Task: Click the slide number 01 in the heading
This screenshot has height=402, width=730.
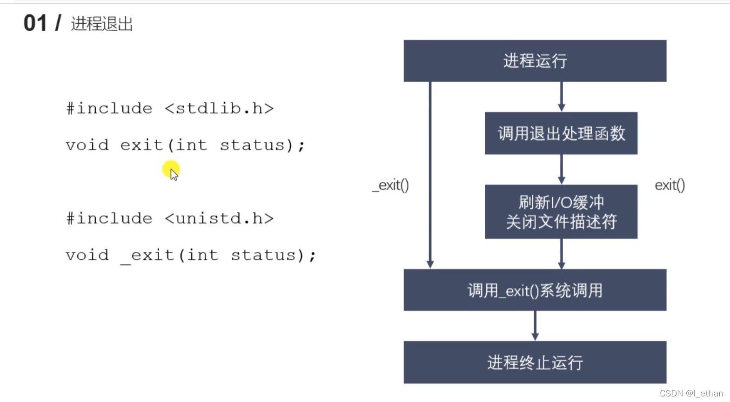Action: click(35, 23)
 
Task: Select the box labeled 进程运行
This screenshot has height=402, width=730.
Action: click(535, 61)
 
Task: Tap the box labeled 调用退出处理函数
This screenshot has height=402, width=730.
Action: click(561, 133)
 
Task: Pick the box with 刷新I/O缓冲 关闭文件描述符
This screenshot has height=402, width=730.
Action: click(561, 212)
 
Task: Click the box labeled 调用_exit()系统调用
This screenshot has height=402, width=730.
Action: click(535, 290)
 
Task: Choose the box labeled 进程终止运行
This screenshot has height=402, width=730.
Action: click(535, 362)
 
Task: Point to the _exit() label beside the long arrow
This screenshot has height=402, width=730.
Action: click(391, 185)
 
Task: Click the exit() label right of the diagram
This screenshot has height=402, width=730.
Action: click(670, 185)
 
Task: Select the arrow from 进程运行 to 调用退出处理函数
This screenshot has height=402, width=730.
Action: click(561, 97)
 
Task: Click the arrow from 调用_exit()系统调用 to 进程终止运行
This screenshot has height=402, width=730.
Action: click(535, 326)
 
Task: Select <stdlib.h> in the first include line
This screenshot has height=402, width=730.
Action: click(219, 109)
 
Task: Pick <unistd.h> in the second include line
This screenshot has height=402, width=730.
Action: click(219, 219)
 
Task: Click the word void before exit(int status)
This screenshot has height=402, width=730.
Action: click(87, 145)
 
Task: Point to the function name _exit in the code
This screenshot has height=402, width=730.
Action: click(147, 256)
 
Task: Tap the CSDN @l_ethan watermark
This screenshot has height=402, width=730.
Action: click(691, 393)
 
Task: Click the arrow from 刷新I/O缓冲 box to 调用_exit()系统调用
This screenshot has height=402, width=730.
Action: click(561, 254)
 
